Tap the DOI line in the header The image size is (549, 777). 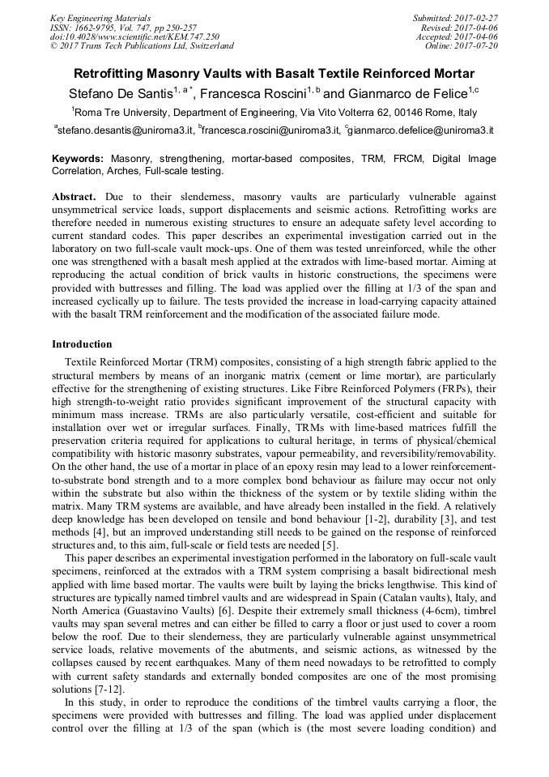(x=134, y=36)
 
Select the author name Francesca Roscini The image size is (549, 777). (x=263, y=93)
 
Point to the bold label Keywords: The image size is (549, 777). (x=79, y=160)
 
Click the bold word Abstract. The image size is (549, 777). (x=74, y=197)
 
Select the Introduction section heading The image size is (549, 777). (x=82, y=344)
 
